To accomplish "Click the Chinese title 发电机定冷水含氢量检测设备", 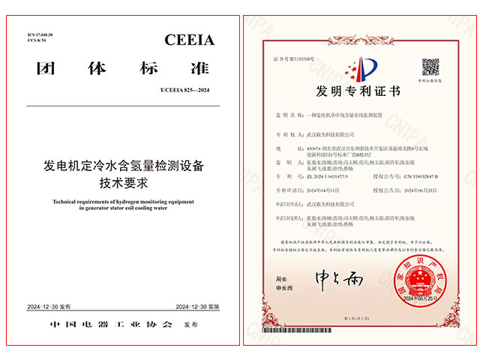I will pos(120,163).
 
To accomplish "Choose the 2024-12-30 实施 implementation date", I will pos(196,307).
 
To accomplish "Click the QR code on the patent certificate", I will pos(430,66).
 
